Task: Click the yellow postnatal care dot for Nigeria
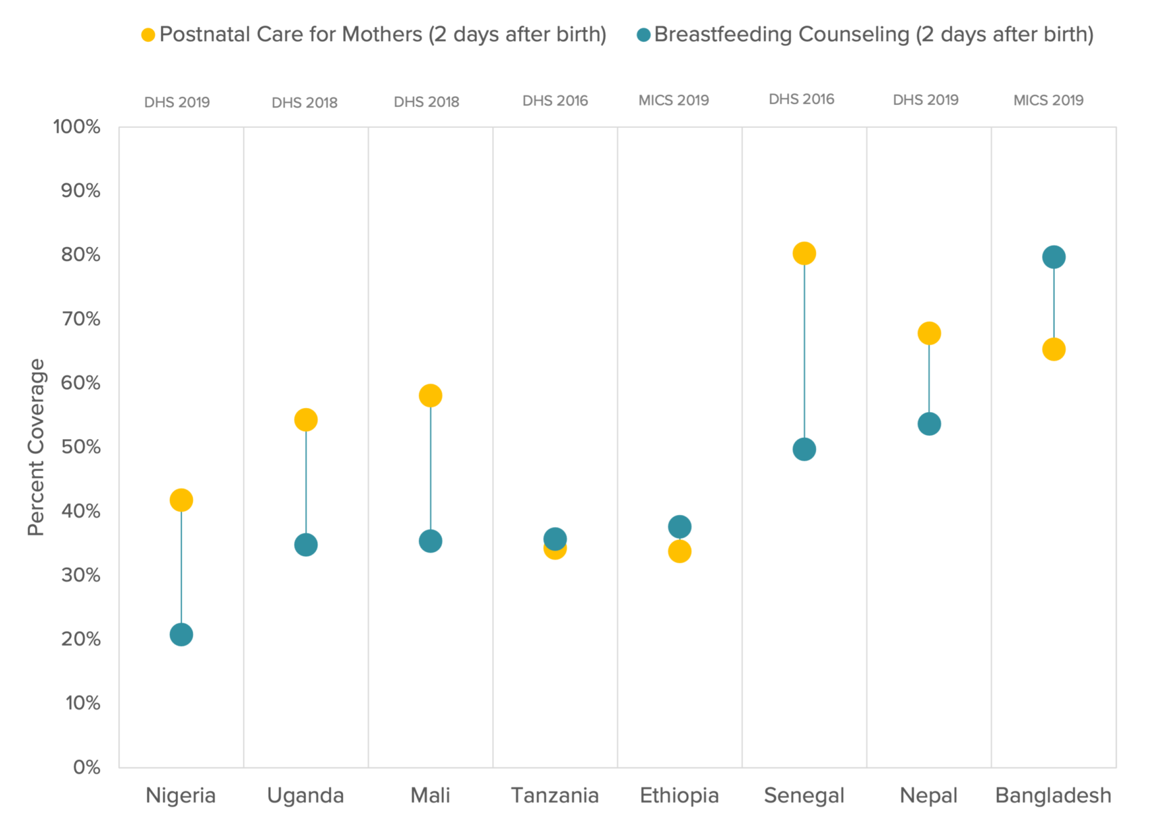click(181, 500)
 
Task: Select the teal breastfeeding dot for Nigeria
click(181, 635)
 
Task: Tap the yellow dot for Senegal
click(804, 254)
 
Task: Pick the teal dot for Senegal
click(804, 449)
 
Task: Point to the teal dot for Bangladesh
click(1054, 257)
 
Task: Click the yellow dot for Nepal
click(929, 333)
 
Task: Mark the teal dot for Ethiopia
click(679, 526)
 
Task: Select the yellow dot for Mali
click(430, 395)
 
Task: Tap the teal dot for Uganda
click(306, 545)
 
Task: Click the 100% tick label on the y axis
click(76, 127)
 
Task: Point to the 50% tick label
click(81, 447)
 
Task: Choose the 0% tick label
click(87, 767)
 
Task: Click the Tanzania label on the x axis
click(555, 796)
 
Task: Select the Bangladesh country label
click(1053, 796)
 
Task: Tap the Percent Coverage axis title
click(36, 447)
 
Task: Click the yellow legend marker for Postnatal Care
click(148, 35)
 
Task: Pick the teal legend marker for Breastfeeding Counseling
click(644, 35)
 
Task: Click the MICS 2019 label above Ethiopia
click(673, 101)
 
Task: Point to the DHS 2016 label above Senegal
click(801, 99)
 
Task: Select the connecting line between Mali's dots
click(430, 467)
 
